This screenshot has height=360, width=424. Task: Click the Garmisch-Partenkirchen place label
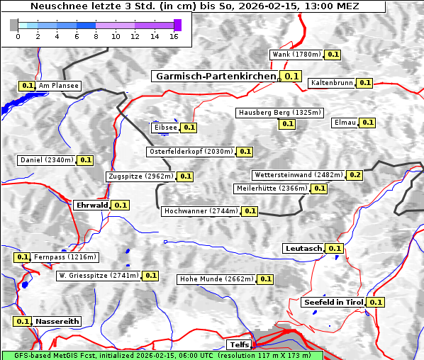215,77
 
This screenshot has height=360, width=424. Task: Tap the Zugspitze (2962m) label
140,176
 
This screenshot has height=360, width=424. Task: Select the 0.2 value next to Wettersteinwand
355,175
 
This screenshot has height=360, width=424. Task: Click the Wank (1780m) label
297,55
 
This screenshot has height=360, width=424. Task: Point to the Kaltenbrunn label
331,83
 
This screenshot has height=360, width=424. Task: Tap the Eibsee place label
164,128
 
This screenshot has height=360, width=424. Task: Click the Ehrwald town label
91,205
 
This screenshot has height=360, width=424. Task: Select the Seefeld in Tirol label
333,302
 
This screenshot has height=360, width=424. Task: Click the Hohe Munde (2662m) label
216,279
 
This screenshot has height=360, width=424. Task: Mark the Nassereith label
57,321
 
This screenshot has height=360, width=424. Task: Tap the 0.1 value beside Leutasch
335,248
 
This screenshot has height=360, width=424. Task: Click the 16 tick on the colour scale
174,36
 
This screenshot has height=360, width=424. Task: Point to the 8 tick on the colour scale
96,36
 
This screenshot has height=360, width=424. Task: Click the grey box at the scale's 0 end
14,25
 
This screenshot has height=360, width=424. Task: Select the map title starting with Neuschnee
194,6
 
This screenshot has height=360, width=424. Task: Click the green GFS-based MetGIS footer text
162,355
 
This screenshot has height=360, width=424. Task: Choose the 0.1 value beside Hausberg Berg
287,124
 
